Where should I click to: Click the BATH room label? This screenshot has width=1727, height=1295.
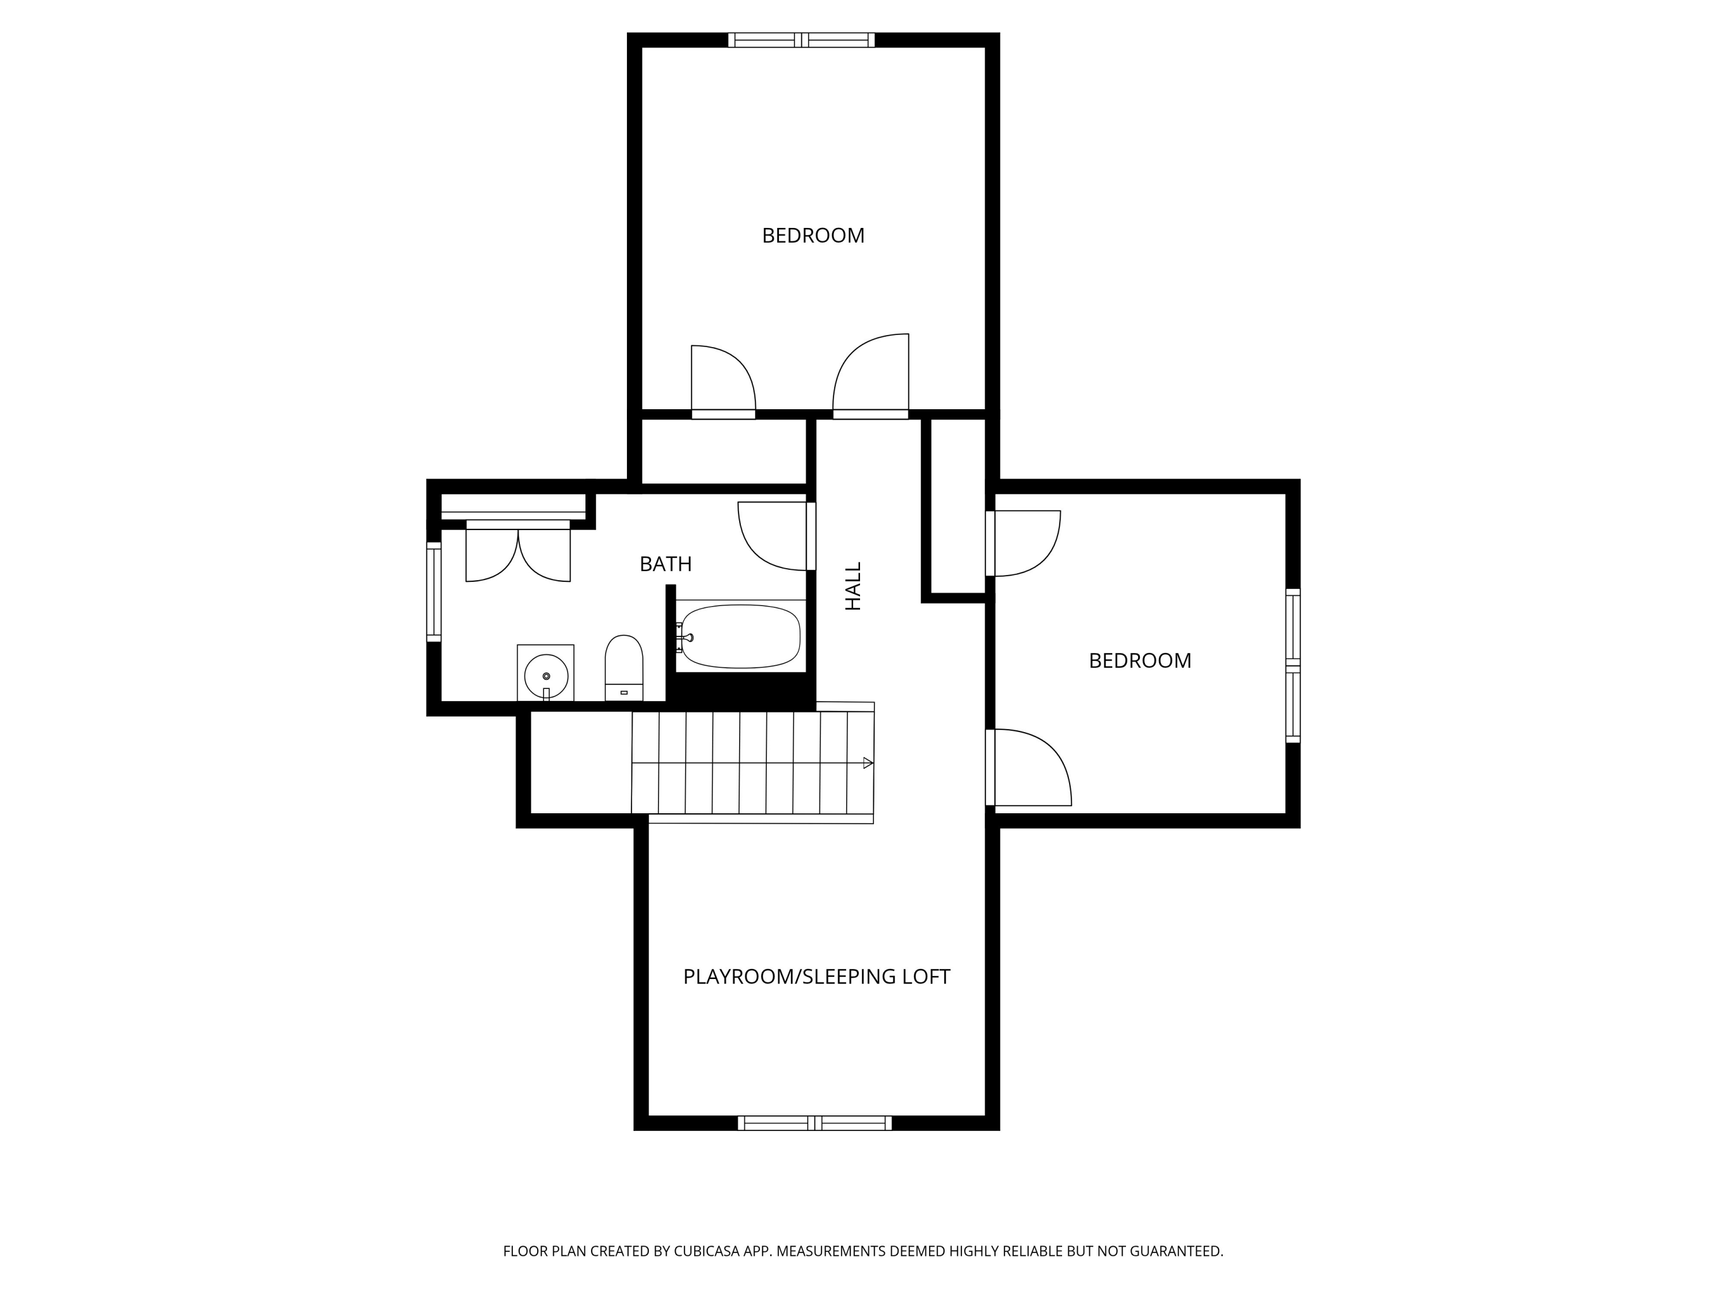pyautogui.click(x=665, y=563)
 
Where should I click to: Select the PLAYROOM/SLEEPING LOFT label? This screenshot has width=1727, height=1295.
pyautogui.click(x=816, y=977)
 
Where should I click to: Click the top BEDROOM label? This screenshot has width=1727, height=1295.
pyautogui.click(x=813, y=235)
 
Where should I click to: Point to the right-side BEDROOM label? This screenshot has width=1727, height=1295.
pyautogui.click(x=1139, y=660)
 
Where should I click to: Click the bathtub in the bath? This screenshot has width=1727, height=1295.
pyautogui.click(x=740, y=635)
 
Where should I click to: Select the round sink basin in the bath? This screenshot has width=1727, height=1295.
pyautogui.click(x=546, y=675)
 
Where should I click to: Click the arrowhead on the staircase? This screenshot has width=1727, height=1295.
pyautogui.click(x=868, y=763)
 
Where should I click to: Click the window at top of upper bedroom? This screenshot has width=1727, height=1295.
pyautogui.click(x=801, y=40)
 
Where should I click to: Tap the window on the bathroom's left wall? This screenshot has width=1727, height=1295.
pyautogui.click(x=434, y=592)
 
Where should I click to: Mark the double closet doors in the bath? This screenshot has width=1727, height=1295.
pyautogui.click(x=518, y=553)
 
